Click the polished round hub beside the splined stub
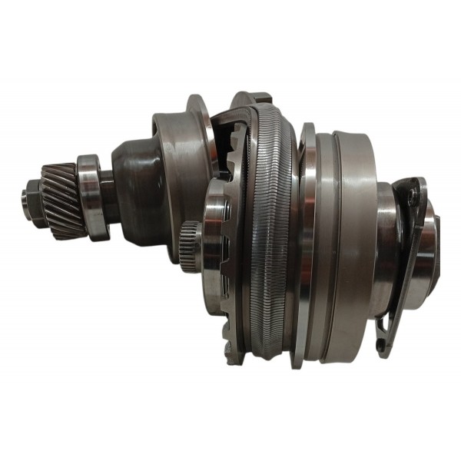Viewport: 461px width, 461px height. [x=214, y=230]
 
